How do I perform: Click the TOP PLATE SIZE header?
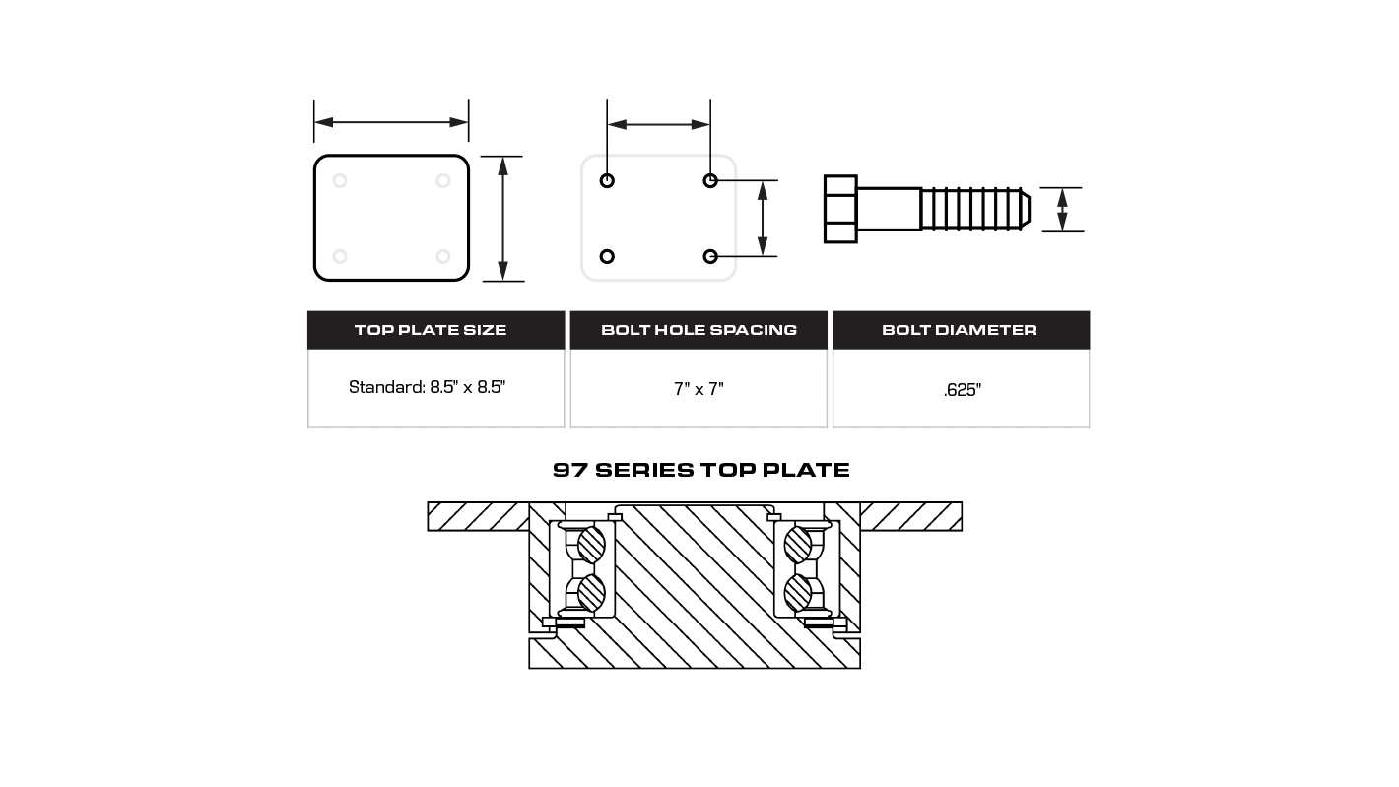pyautogui.click(x=431, y=330)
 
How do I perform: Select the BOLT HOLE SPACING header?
pyautogui.click(x=699, y=330)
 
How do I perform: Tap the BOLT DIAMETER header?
pyautogui.click(x=960, y=330)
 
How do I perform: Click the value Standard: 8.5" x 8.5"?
pyautogui.click(x=427, y=387)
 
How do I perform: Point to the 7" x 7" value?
pyautogui.click(x=699, y=389)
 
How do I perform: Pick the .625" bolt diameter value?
pyautogui.click(x=962, y=390)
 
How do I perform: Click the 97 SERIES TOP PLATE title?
pyautogui.click(x=700, y=470)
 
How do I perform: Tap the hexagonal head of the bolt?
pyautogui.click(x=840, y=209)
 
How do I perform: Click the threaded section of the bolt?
pyautogui.click(x=970, y=209)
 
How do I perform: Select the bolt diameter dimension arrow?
pyautogui.click(x=1062, y=210)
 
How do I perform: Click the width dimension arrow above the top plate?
pyautogui.click(x=391, y=122)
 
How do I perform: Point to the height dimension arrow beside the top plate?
pyautogui.click(x=502, y=218)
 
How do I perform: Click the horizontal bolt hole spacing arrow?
pyautogui.click(x=658, y=124)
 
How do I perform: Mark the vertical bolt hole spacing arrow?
pyautogui.click(x=762, y=218)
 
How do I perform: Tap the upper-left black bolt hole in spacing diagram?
pyautogui.click(x=607, y=180)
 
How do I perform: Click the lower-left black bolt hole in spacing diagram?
pyautogui.click(x=607, y=256)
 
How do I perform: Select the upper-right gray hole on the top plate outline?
pyautogui.click(x=443, y=180)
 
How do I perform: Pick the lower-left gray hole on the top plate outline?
pyautogui.click(x=340, y=256)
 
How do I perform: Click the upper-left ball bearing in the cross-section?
pyautogui.click(x=591, y=545)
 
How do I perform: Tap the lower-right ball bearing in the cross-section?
pyautogui.click(x=797, y=592)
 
